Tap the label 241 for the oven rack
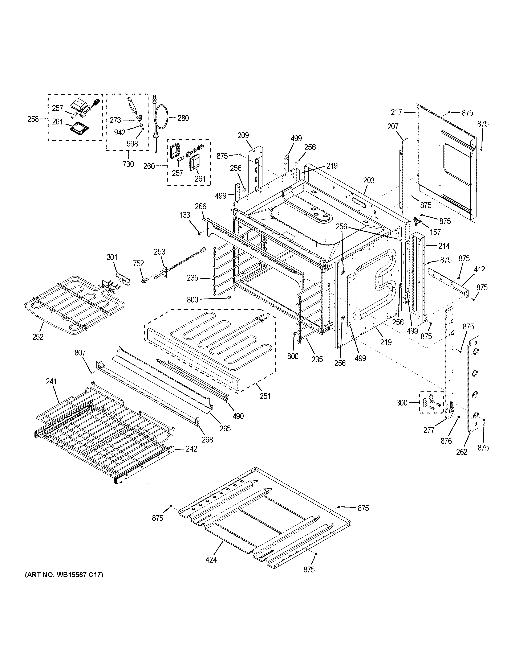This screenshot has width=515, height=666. pyautogui.click(x=51, y=382)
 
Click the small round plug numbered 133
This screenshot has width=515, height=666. pyautogui.click(x=199, y=234)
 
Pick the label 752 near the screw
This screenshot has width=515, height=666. pyautogui.click(x=138, y=263)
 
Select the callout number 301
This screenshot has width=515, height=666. pyautogui.click(x=112, y=257)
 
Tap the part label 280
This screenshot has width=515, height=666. pyautogui.click(x=183, y=118)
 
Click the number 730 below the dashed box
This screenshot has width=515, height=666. pyautogui.click(x=128, y=164)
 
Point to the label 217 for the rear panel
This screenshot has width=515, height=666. pyautogui.click(x=397, y=112)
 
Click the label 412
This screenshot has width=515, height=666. pyautogui.click(x=479, y=269)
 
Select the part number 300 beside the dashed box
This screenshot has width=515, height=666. pyautogui.click(x=402, y=403)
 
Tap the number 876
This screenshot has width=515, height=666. pyautogui.click(x=446, y=441)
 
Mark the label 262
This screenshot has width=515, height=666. pyautogui.click(x=462, y=452)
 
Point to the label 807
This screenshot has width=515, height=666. pyautogui.click(x=80, y=353)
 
